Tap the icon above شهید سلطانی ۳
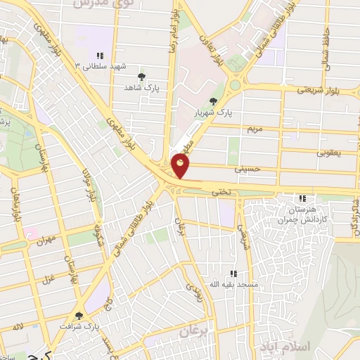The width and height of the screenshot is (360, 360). [x=100, y=55]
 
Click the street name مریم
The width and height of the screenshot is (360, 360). [x=255, y=130]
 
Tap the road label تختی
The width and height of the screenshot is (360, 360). [x=221, y=190]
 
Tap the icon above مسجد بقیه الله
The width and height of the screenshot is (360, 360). [x=233, y=274]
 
